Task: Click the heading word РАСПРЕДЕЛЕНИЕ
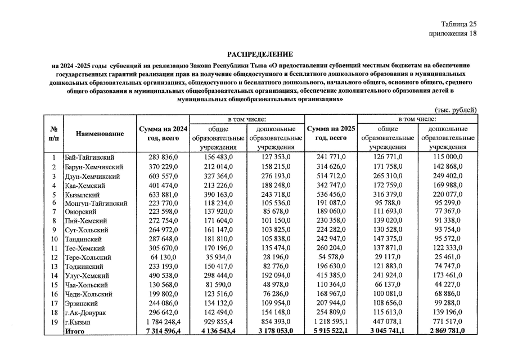(260, 55)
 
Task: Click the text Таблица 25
(458, 24)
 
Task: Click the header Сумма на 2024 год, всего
(162, 133)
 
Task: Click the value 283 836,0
(162, 157)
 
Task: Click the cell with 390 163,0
(218, 194)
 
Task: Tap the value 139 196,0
(448, 313)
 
